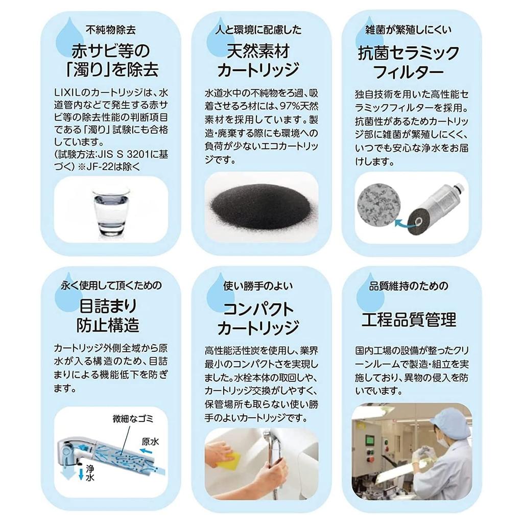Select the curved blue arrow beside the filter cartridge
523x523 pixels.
pos(405,224)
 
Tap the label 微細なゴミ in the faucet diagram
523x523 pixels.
pos(133,419)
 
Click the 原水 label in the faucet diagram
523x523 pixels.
pos(151,442)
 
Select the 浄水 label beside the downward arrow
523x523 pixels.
pos(90,473)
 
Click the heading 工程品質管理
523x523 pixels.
pos(409,320)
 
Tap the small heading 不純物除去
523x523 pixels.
pos(110,30)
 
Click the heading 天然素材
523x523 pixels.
pos(258,51)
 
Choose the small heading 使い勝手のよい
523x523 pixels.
pos(258,286)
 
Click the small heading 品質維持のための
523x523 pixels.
pos(408,286)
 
